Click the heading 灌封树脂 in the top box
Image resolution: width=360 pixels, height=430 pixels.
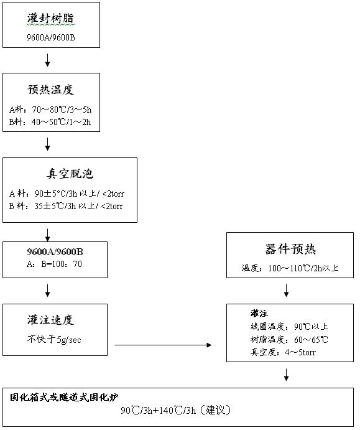[x=51, y=19]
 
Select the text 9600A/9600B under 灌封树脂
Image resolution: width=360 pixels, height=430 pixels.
[x=51, y=37]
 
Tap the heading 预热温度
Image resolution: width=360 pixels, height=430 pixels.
[x=51, y=90]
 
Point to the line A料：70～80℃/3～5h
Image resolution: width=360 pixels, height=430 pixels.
[x=50, y=110]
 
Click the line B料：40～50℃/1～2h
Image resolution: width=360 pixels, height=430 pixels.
[x=50, y=122]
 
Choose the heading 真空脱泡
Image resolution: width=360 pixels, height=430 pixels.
[x=70, y=174]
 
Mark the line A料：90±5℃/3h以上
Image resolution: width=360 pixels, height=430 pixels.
[x=67, y=194]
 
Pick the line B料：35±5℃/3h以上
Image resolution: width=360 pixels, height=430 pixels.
[x=66, y=206]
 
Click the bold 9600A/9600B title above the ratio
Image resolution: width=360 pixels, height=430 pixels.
[x=55, y=252]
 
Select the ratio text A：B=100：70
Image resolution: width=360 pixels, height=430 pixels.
[x=54, y=264]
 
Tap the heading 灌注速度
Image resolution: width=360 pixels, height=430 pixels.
[x=51, y=320]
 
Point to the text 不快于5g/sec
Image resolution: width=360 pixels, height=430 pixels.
[x=54, y=340]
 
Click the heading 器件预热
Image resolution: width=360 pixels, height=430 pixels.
[x=290, y=250]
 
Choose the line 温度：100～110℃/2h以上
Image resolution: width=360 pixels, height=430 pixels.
[x=290, y=268]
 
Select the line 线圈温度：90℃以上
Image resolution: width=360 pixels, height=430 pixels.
[x=289, y=326]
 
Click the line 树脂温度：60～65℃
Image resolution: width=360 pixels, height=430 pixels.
[x=289, y=340]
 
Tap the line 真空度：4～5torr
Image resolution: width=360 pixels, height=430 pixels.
[x=283, y=352]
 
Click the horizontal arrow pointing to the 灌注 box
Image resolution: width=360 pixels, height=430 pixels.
[x=163, y=345]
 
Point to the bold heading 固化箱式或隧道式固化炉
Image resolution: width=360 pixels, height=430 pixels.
[x=64, y=397]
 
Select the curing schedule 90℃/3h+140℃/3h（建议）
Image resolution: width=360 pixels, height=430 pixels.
[x=176, y=410]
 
